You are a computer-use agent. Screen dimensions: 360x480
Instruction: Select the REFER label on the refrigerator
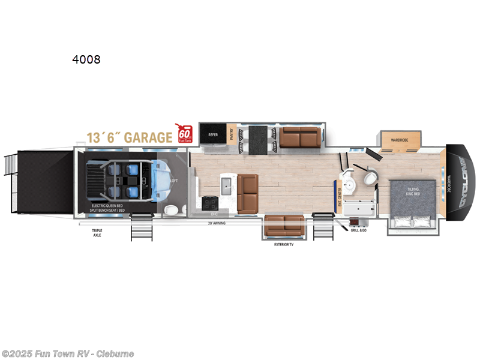212,135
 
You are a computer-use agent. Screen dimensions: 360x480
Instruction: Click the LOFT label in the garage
174,180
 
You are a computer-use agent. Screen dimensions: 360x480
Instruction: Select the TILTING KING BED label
413,191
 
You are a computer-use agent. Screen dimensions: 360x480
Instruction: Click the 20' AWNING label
216,223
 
